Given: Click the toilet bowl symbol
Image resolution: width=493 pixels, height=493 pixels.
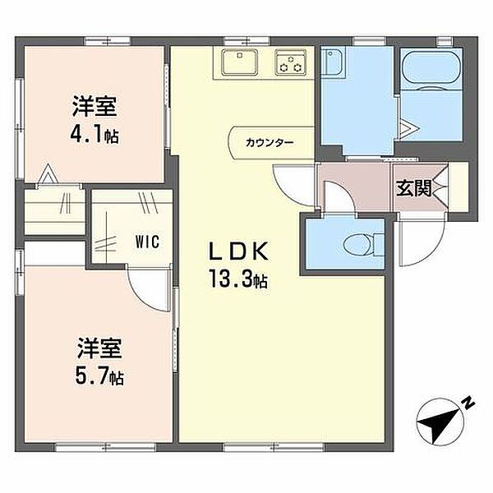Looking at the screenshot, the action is tap(363, 244).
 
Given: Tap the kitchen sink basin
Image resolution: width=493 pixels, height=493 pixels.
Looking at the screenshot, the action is tap(240, 62).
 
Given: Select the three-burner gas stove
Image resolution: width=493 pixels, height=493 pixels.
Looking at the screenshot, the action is tap(291, 62).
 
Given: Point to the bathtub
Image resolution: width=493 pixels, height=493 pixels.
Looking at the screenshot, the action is tap(431, 68).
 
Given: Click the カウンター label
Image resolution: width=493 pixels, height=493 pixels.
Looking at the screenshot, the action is tap(270, 143).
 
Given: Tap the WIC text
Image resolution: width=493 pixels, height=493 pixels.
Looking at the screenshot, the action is tap(147, 242).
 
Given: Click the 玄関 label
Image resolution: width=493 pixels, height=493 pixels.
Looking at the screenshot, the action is tap(414, 188).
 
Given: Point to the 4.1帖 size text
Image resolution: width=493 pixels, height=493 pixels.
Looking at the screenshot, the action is tap(94, 136).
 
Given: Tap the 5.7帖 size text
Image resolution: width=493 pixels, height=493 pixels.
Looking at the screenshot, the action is tap(99, 376).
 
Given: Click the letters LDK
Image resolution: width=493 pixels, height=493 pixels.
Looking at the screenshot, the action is tap(239, 251).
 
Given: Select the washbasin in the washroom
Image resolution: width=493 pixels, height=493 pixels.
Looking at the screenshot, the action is tap(334, 61).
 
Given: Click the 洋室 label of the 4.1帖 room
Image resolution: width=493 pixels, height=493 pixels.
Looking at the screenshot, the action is tap(94, 107).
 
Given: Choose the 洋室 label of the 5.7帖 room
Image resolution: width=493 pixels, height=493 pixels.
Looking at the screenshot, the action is tap(99, 348).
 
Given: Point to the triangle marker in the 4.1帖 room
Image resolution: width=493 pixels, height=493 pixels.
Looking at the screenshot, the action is tap(48, 173).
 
